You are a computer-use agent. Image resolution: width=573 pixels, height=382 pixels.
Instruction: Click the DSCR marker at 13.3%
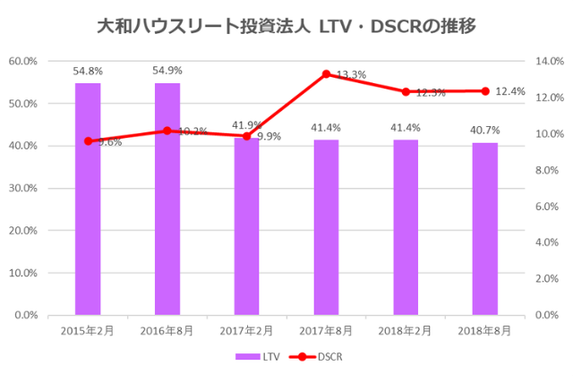coord(326,73)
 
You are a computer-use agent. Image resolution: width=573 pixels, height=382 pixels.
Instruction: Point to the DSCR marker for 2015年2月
coord(88,140)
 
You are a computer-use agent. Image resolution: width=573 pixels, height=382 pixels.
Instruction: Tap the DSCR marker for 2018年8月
coord(485,90)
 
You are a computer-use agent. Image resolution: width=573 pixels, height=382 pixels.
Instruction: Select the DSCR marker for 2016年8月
coord(167,131)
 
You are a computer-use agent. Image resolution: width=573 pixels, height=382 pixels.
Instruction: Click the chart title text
coord(286,27)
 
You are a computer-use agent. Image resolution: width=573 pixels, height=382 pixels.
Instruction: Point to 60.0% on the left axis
coord(21,61)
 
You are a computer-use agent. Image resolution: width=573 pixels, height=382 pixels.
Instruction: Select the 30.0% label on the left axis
coord(21,188)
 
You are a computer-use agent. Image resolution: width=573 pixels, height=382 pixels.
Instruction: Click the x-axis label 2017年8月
coord(326,330)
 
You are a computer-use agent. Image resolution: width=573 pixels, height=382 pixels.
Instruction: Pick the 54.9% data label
coord(167,71)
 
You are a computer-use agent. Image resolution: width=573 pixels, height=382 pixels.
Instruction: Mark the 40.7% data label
coord(485,131)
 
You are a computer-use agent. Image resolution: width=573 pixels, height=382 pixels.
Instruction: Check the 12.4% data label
coord(510,91)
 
